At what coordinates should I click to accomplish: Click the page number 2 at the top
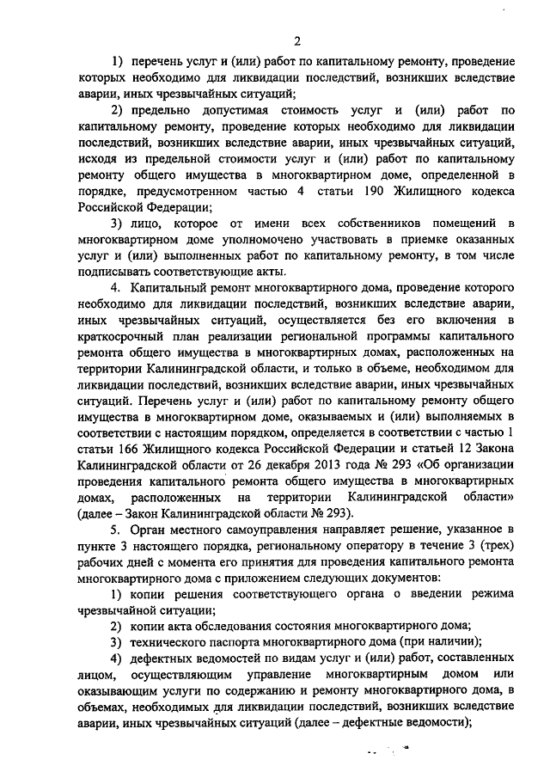[296, 40]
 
